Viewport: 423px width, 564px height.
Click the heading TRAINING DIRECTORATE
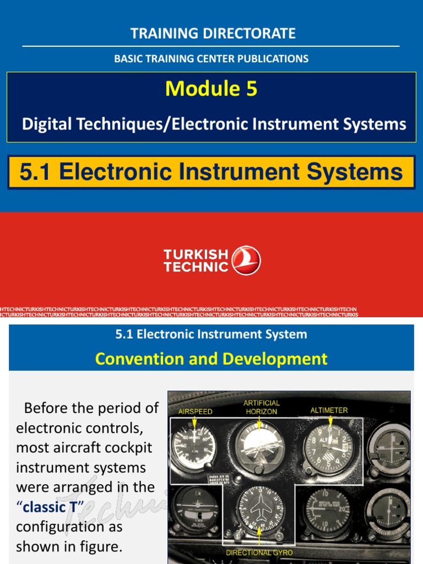coord(213,34)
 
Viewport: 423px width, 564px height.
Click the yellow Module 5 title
coord(211,89)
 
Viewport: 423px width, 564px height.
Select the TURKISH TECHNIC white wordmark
coord(196,261)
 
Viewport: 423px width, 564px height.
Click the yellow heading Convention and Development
coord(211,359)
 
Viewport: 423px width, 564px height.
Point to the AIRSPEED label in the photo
coord(195,411)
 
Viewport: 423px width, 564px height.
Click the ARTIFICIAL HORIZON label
coord(262,407)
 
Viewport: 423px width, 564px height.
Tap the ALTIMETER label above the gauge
coord(329,410)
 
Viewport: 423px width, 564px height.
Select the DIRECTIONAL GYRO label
coord(259,552)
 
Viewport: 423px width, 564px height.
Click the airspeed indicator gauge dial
coord(194,447)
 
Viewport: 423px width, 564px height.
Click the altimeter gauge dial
coord(328,445)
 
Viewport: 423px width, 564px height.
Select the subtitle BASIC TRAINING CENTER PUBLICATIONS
coord(211,58)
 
